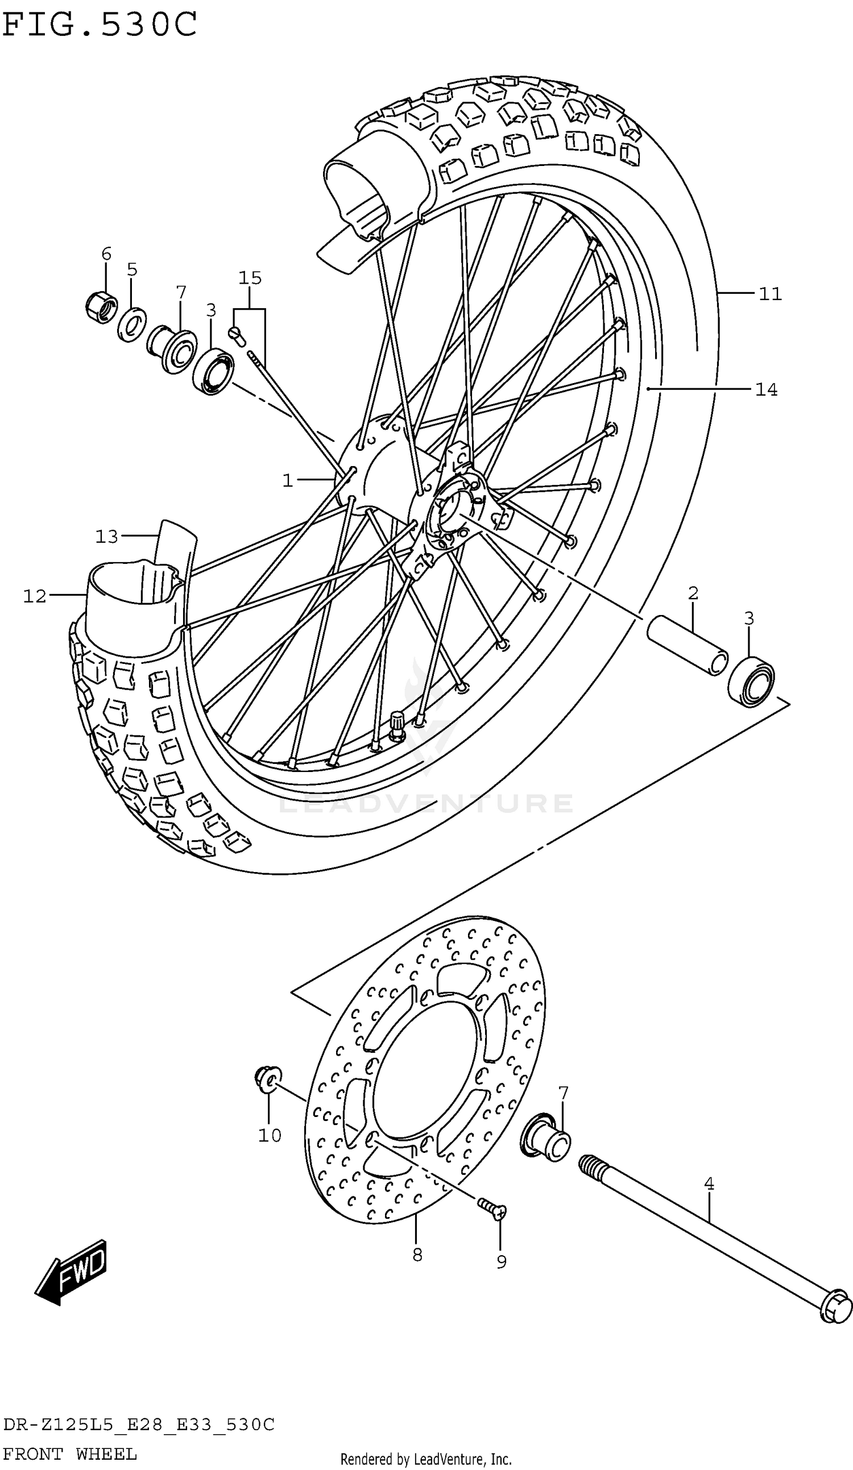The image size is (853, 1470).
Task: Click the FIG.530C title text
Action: [99, 24]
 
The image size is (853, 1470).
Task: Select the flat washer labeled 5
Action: [132, 325]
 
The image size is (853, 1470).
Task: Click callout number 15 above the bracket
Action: [250, 277]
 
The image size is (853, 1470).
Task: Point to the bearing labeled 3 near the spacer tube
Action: [751, 681]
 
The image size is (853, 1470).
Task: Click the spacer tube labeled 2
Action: [688, 646]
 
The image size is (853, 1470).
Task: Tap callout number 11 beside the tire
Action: [769, 294]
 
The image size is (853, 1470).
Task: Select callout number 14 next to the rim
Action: [765, 389]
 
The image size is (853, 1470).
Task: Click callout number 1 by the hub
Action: [287, 481]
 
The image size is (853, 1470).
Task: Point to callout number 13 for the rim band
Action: [107, 536]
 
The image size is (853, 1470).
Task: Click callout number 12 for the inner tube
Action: [35, 596]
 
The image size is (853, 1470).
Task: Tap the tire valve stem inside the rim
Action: [397, 726]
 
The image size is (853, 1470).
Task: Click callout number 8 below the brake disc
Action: [417, 1254]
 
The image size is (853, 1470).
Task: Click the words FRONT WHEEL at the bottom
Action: [70, 1454]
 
